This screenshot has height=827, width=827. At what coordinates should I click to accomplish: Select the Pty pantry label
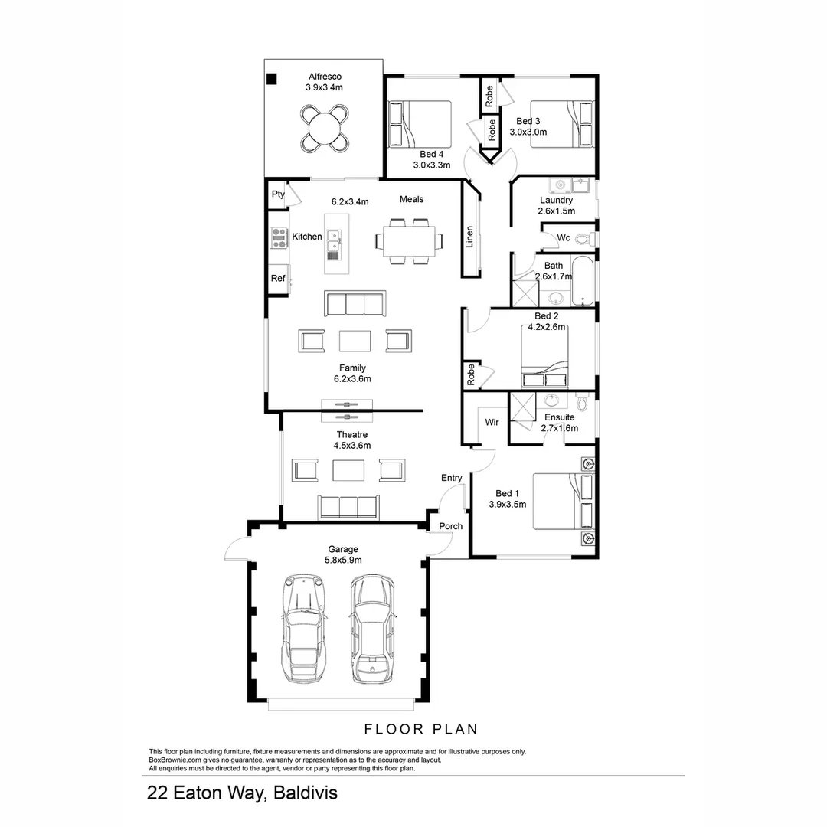click(278, 194)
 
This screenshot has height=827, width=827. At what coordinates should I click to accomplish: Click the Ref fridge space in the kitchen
click(278, 279)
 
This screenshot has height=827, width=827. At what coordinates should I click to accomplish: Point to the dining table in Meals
click(404, 241)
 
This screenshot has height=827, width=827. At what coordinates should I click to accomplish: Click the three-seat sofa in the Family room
click(355, 304)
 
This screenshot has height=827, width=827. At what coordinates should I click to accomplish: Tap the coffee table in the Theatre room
click(348, 469)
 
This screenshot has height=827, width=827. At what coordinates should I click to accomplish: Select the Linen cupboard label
click(469, 237)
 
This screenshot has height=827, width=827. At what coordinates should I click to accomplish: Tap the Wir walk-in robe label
click(492, 422)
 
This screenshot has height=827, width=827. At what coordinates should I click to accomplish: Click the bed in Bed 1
click(563, 502)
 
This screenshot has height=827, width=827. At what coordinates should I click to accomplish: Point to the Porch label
click(450, 526)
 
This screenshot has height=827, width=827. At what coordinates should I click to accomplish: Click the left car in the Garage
click(304, 629)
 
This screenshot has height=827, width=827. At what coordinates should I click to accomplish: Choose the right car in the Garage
click(372, 629)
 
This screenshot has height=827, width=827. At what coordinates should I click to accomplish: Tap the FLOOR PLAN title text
click(420, 728)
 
